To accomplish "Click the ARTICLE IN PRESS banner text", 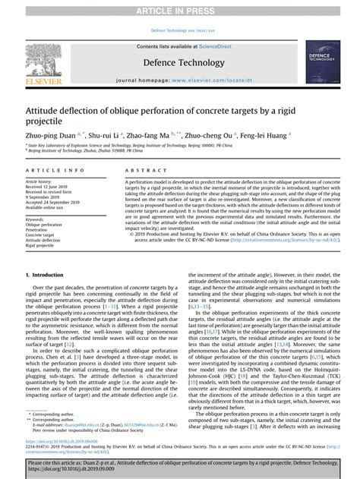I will point(179,9).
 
